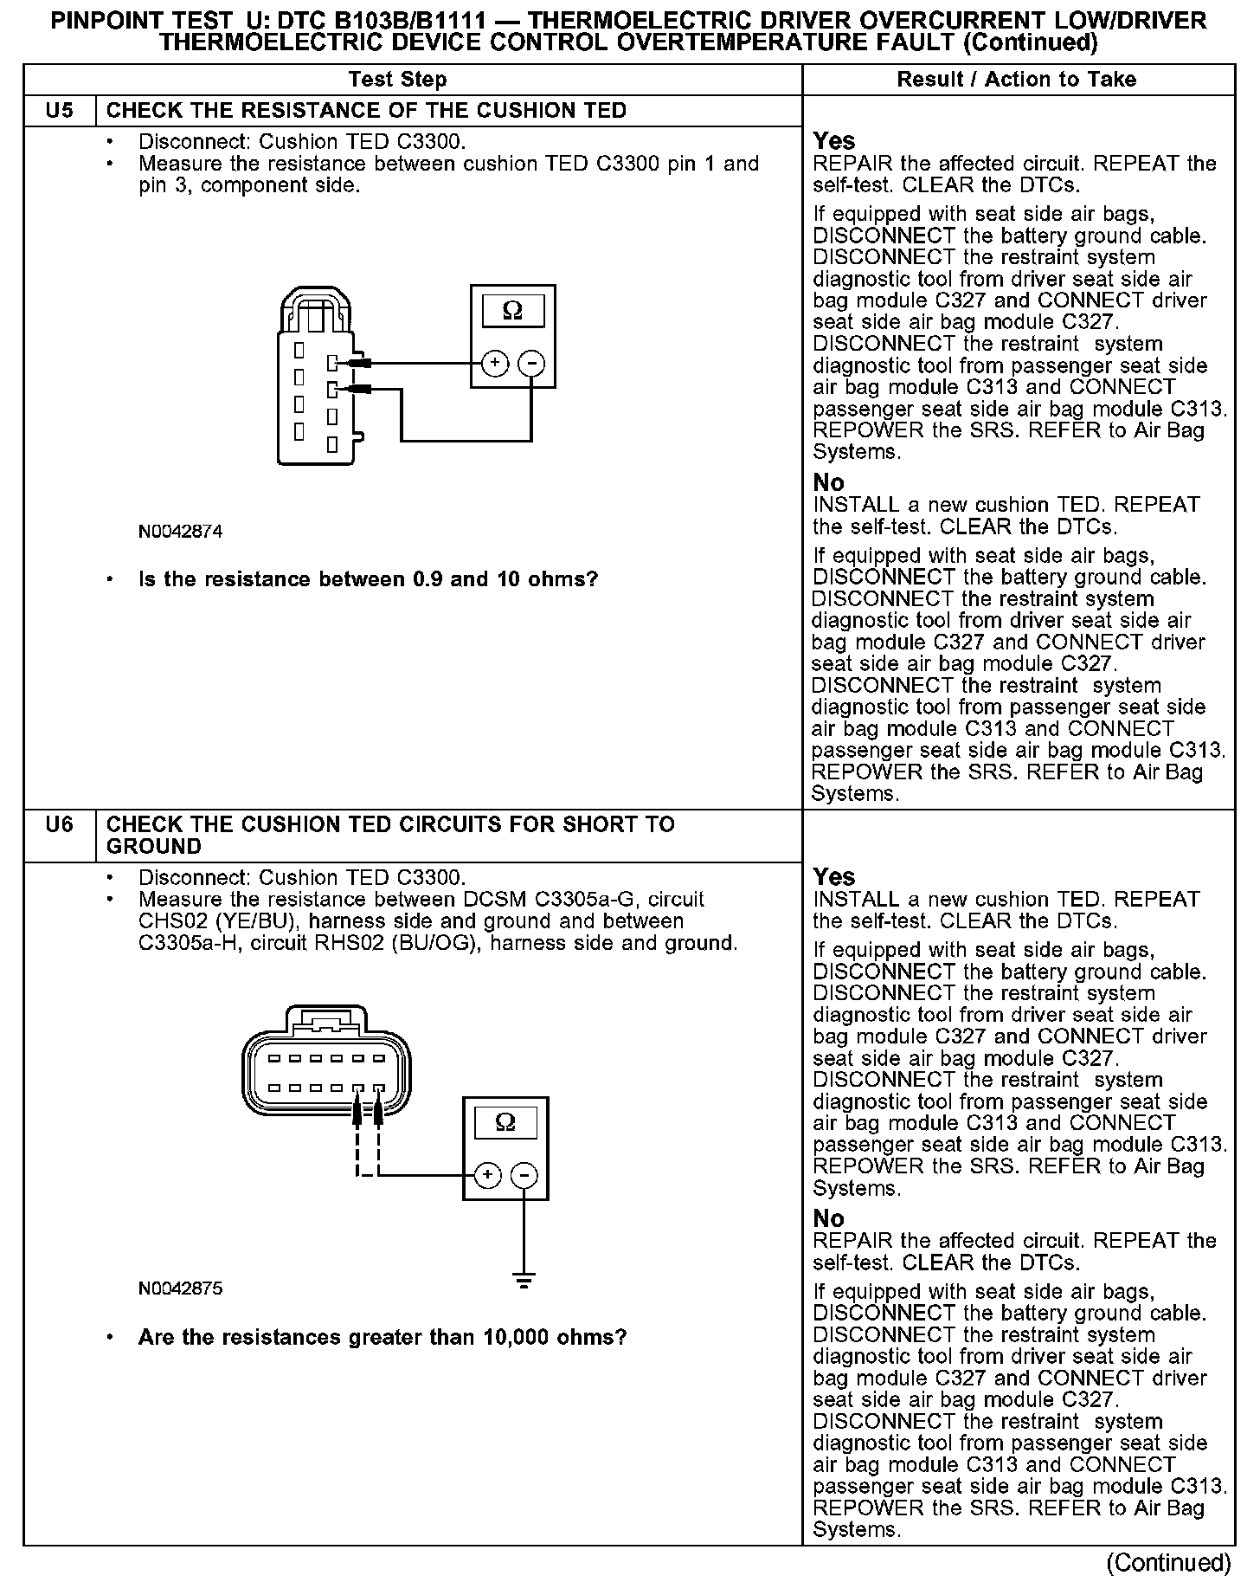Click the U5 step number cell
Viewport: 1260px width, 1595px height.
pos(59,111)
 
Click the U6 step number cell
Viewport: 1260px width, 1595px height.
pos(59,824)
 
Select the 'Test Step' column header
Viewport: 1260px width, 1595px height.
pos(397,80)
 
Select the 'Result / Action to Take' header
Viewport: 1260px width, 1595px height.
pos(1016,80)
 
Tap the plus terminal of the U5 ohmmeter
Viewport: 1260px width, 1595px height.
pos(494,363)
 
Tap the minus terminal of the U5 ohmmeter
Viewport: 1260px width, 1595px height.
pos(531,363)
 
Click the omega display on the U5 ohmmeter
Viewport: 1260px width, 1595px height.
pos(512,311)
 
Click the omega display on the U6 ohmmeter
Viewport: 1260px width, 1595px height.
pos(505,1123)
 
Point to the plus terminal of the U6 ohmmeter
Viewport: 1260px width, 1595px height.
pos(487,1175)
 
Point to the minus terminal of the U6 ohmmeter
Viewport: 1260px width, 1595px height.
pos(524,1175)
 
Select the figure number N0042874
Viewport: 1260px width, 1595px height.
pos(180,532)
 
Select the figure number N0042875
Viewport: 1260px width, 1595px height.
pos(180,1288)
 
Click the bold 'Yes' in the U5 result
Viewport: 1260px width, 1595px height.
pos(833,141)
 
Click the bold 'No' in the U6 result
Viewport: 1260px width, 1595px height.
pos(828,1218)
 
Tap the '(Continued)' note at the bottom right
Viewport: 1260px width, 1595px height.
pos(1168,1563)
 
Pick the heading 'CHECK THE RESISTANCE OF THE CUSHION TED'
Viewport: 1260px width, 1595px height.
pos(366,111)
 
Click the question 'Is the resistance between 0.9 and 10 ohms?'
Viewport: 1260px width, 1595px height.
pos(368,579)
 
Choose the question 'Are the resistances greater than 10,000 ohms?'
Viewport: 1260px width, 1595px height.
pos(382,1337)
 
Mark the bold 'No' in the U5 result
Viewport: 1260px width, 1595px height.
pos(828,482)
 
